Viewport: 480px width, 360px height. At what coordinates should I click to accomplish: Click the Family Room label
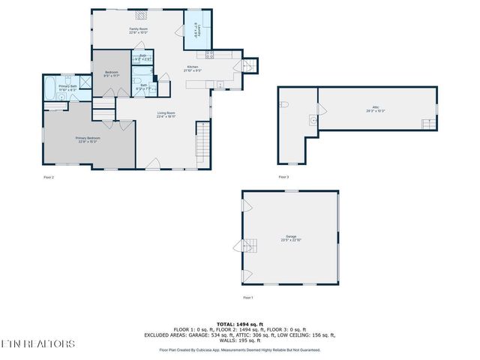pyautogui.click(x=137, y=31)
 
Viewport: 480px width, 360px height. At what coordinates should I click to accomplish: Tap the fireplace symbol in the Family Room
pyautogui.click(x=139, y=13)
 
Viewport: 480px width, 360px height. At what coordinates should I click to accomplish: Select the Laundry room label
pyautogui.click(x=197, y=31)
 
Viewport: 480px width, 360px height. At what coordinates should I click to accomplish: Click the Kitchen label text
pyautogui.click(x=193, y=69)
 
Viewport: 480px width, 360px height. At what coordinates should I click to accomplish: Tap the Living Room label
pyautogui.click(x=166, y=114)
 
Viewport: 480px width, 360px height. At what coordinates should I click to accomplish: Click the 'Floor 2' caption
pyautogui.click(x=49, y=177)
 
